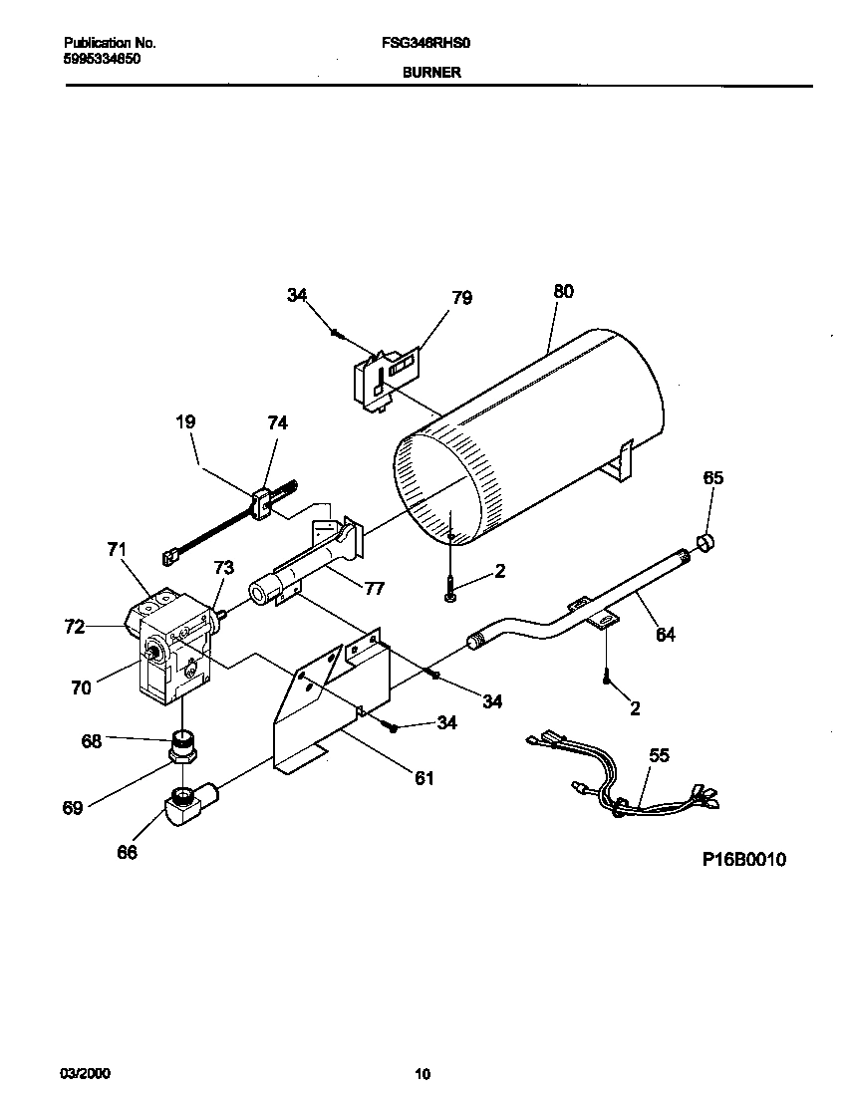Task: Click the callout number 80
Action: (563, 292)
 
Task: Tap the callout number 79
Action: (461, 298)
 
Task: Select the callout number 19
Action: (185, 422)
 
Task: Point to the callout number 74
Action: (277, 422)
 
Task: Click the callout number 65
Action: (712, 478)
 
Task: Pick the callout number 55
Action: (660, 756)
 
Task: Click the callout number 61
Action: (424, 778)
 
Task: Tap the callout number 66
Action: (127, 852)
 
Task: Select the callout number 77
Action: (374, 589)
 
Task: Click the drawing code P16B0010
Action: (744, 859)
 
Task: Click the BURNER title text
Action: (431, 73)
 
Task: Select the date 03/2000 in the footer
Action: (86, 1074)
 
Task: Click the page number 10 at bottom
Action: (422, 1074)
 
